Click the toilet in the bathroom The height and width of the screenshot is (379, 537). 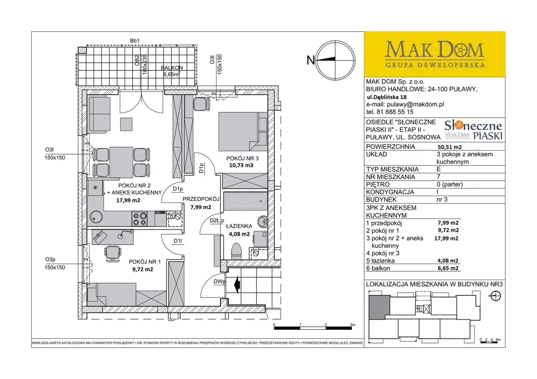(236, 251)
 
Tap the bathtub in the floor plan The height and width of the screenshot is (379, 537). (246, 201)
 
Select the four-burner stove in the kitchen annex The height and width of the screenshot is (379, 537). (140, 219)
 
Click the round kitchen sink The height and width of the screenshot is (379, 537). (96, 217)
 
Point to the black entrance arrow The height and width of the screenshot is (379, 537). (237, 285)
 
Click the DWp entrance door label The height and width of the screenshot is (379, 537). (219, 281)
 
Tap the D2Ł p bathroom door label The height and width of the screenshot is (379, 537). (217, 220)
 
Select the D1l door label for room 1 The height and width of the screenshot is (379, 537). (177, 241)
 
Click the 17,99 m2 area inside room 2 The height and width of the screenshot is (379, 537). (128, 200)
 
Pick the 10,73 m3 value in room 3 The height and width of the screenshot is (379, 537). (241, 165)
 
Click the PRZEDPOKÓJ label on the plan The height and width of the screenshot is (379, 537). (201, 199)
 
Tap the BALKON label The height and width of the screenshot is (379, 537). (172, 68)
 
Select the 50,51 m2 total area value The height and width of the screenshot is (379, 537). (450, 147)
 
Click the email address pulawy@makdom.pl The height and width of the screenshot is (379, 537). (415, 104)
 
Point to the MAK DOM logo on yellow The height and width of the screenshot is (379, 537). (434, 54)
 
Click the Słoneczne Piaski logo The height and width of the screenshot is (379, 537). (474, 130)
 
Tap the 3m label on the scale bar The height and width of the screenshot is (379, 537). (352, 325)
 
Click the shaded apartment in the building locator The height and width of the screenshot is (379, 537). (379, 307)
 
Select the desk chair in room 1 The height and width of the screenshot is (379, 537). (112, 254)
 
